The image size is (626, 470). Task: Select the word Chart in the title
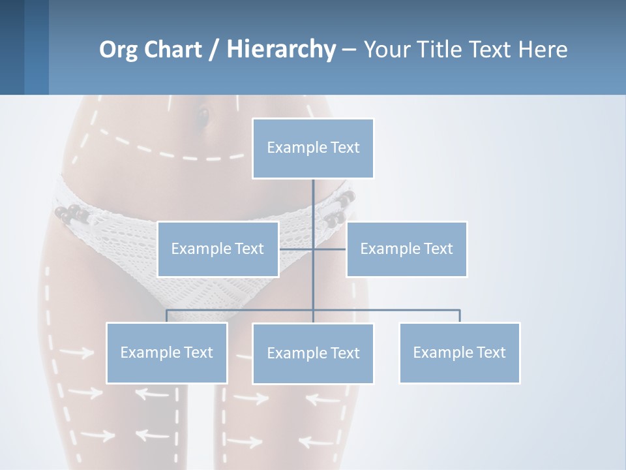tap(171, 50)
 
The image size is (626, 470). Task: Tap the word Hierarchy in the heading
tap(280, 50)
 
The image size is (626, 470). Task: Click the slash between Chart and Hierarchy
tap(214, 50)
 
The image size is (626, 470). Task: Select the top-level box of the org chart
tap(313, 148)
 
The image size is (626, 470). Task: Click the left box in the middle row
tap(218, 249)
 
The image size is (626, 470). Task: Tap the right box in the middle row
tap(406, 249)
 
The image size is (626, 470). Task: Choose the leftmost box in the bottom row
tap(166, 352)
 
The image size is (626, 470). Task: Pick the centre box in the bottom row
tap(313, 353)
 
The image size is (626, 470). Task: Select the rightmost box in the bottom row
tap(459, 352)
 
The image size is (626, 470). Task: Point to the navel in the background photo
tap(203, 117)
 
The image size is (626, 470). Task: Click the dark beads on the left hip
tap(70, 213)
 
